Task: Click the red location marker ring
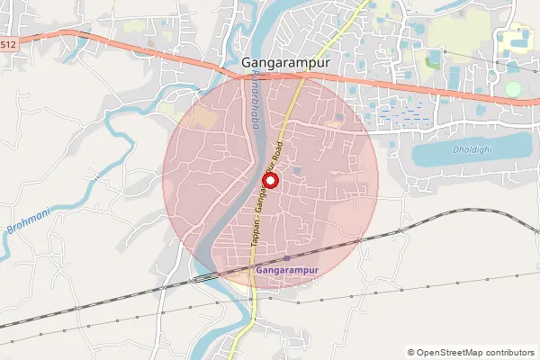point(267,179)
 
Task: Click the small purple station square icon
point(286,258)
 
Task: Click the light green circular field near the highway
point(513,89)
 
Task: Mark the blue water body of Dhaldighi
point(468,153)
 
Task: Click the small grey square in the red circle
point(297,170)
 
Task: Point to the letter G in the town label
point(247,63)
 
